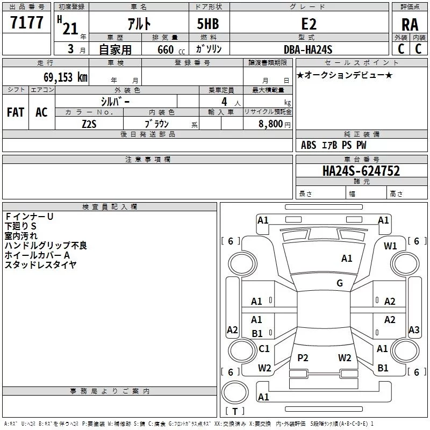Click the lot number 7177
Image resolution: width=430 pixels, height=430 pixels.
click(26, 23)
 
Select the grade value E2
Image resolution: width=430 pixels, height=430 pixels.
click(309, 24)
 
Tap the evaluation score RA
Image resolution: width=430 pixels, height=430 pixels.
click(410, 25)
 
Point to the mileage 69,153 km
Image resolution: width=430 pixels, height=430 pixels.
click(66, 77)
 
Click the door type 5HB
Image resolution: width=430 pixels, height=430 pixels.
click(208, 24)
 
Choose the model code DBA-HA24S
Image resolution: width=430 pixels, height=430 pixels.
click(308, 49)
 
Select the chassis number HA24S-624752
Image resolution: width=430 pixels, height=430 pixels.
click(361, 171)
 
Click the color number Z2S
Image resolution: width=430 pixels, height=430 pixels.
click(89, 124)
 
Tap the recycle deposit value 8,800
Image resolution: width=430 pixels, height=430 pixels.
click(270, 124)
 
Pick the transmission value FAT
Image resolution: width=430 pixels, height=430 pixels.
click(16, 112)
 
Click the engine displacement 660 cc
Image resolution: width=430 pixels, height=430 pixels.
click(171, 50)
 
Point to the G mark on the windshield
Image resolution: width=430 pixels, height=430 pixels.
click(340, 283)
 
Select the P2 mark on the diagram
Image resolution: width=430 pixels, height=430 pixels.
click(303, 357)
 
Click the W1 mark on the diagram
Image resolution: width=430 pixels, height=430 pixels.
click(390, 246)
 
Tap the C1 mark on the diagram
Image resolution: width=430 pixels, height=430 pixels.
click(264, 348)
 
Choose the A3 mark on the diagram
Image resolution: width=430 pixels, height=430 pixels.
click(414, 329)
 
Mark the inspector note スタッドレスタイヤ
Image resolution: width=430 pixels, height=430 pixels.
click(40, 265)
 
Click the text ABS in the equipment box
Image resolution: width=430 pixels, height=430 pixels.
click(309, 145)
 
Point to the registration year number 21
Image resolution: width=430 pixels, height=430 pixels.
click(70, 29)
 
